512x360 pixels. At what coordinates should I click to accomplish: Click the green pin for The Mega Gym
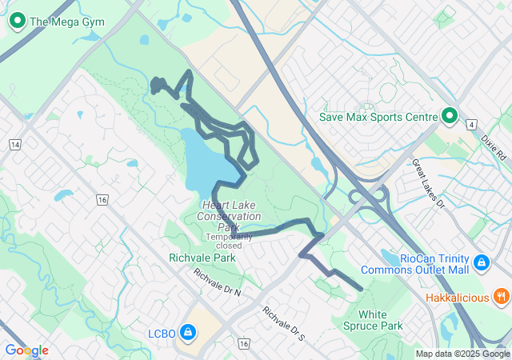click(x=17, y=21)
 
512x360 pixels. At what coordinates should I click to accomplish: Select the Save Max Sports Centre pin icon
click(x=450, y=117)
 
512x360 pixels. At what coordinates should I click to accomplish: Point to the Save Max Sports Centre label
click(x=378, y=117)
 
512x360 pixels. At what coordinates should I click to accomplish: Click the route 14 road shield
click(x=15, y=144)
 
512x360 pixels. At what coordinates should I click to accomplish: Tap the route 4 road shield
click(x=473, y=125)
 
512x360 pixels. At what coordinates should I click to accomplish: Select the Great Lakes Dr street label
click(x=428, y=183)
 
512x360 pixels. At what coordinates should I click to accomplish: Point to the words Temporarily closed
click(x=229, y=241)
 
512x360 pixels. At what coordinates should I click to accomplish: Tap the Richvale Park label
click(x=202, y=258)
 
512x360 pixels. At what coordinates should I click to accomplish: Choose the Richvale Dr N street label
click(x=216, y=282)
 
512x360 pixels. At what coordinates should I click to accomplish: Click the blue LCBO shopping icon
click(x=187, y=331)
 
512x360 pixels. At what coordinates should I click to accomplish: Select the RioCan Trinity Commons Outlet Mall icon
click(x=481, y=262)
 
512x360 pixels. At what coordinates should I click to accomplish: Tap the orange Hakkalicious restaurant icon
click(x=502, y=298)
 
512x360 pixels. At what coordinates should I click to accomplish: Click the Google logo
click(x=26, y=350)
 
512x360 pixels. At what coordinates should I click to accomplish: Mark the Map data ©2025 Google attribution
click(x=462, y=354)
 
